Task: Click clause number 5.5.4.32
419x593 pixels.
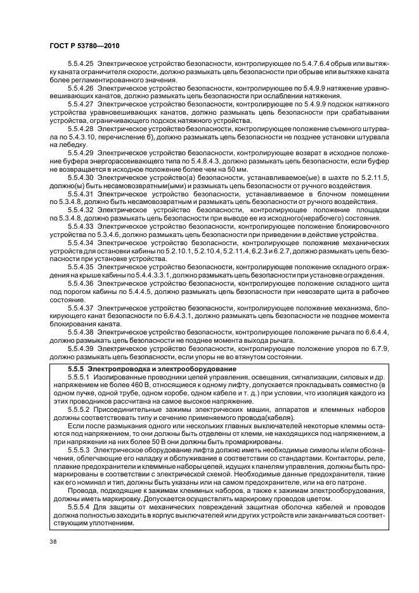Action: click(80, 207)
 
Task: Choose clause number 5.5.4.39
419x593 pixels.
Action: click(80, 348)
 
